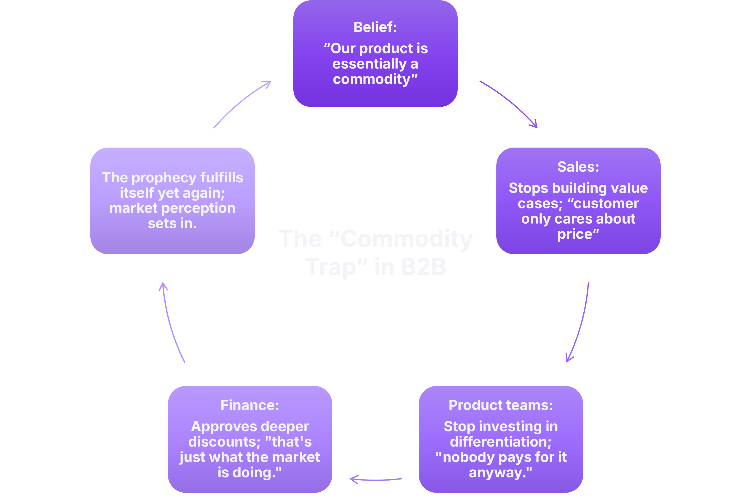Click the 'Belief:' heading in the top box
[375, 27]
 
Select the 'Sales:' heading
[578, 167]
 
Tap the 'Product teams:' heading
[500, 405]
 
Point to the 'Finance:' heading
[250, 405]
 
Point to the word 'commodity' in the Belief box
[371, 79]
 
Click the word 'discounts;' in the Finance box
[224, 442]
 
